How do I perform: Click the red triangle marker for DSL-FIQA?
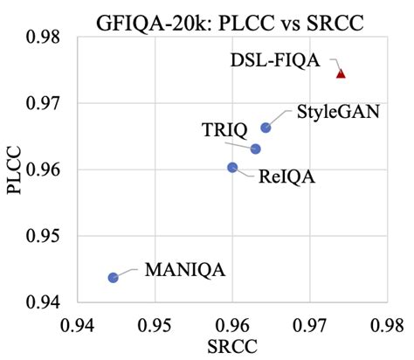341,73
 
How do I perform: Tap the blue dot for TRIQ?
256,149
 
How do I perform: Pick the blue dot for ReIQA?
232,167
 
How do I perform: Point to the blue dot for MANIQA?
114,277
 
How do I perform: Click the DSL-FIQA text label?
274,61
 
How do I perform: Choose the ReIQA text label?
286,177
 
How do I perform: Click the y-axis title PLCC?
17,170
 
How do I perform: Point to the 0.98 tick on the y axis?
41,38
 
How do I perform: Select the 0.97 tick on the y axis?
41,103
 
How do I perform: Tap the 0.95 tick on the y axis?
41,236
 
